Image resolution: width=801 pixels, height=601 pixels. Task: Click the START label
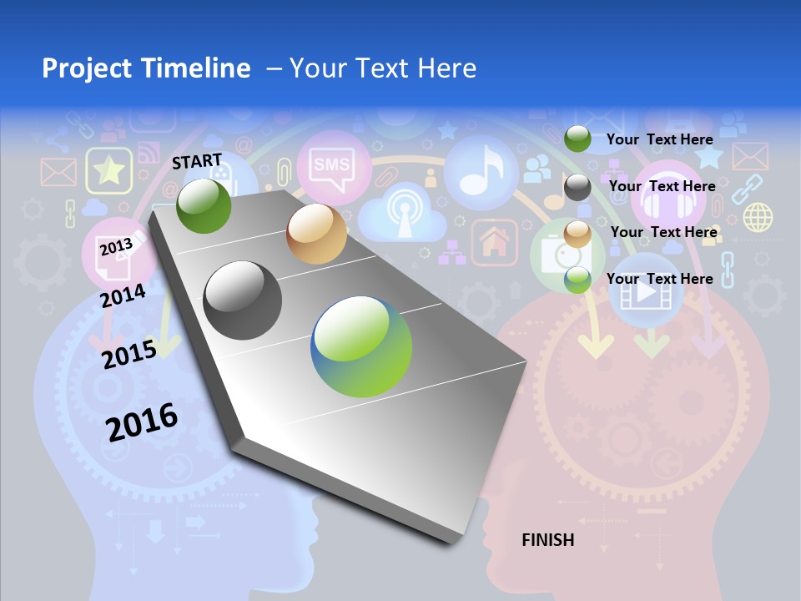(x=197, y=161)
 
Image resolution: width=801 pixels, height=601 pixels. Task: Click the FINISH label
(x=547, y=540)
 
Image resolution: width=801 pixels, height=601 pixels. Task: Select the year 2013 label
(x=116, y=247)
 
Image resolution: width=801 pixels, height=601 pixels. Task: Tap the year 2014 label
(x=123, y=295)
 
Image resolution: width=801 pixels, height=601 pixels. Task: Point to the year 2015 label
(x=128, y=354)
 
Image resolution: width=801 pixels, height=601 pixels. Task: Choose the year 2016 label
(x=142, y=422)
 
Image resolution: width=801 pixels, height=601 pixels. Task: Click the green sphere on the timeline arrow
(x=204, y=205)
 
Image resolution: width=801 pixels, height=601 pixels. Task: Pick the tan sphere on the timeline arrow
(x=316, y=234)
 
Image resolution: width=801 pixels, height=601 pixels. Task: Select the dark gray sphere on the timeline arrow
(x=243, y=300)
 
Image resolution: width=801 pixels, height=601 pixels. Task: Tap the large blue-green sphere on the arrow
(x=361, y=346)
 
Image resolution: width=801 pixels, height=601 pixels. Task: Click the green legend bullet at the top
(x=577, y=139)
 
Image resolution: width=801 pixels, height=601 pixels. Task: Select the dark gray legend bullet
(x=577, y=187)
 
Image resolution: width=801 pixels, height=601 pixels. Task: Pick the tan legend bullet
(x=577, y=234)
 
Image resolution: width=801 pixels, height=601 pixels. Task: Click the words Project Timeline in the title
(x=146, y=68)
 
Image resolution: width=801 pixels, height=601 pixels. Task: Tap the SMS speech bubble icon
(x=330, y=164)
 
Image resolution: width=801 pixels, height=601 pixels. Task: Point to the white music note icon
(x=482, y=170)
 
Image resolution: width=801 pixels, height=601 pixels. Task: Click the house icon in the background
(x=495, y=243)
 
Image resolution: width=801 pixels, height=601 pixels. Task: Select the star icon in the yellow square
(x=108, y=171)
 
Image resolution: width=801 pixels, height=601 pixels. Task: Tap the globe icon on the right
(x=758, y=217)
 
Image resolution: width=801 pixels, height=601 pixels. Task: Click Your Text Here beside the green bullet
(x=659, y=139)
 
